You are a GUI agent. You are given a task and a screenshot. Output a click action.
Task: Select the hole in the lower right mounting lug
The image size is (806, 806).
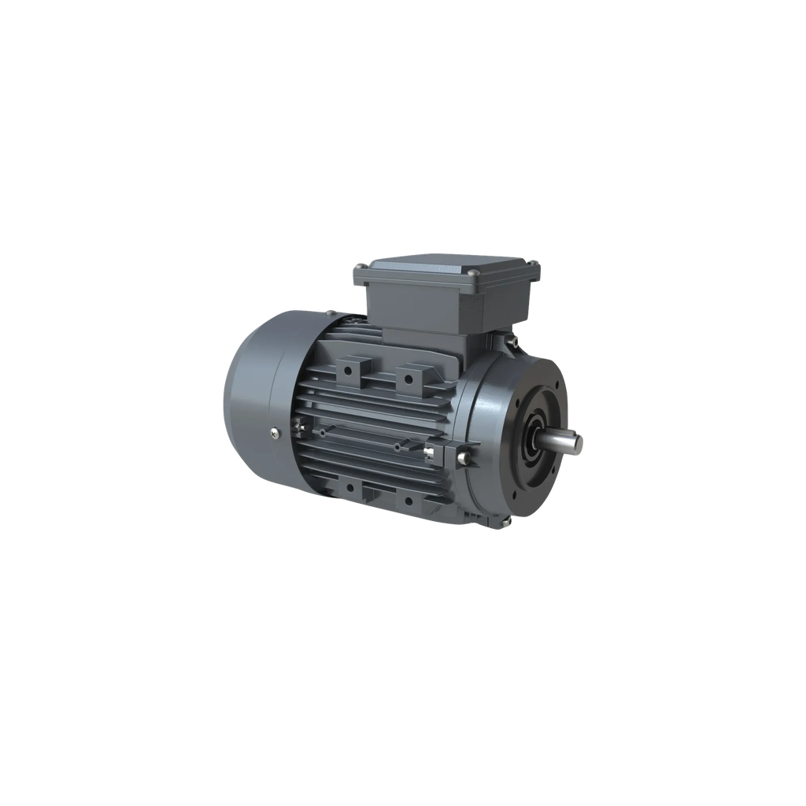coord(408,499)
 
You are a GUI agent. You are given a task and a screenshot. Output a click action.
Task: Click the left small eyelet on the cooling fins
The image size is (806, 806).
coord(324,433)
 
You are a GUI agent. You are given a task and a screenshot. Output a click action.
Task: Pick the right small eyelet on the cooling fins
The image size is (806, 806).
coord(397,446)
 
